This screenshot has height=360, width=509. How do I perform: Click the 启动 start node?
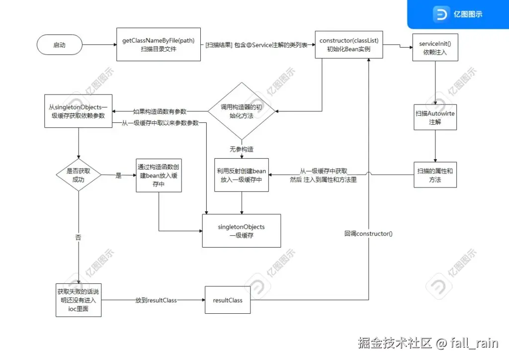tap(59, 45)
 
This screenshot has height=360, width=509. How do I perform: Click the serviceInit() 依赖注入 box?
tap(435, 48)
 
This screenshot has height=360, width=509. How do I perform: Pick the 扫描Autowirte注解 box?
tap(435, 117)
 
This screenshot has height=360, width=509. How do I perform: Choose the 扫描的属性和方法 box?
tap(435, 175)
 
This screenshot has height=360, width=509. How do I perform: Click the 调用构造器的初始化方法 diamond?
tap(241, 111)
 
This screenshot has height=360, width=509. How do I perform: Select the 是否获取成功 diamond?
tap(79, 175)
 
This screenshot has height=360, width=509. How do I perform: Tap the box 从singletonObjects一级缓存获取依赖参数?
tap(78, 111)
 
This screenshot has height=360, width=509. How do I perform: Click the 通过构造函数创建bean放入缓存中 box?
tap(159, 175)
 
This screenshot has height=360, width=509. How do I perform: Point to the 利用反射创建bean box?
tap(242, 175)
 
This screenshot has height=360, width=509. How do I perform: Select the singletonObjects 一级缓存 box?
tap(241, 231)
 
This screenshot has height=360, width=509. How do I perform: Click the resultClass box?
tap(227, 300)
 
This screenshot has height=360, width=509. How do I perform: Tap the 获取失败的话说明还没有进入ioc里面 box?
tap(79, 300)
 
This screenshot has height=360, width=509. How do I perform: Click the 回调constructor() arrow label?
tap(368, 233)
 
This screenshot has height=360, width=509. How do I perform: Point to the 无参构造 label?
tap(241, 149)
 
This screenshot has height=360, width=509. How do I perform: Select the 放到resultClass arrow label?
tap(156, 300)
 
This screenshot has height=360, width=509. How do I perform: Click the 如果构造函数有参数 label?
tap(160, 111)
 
